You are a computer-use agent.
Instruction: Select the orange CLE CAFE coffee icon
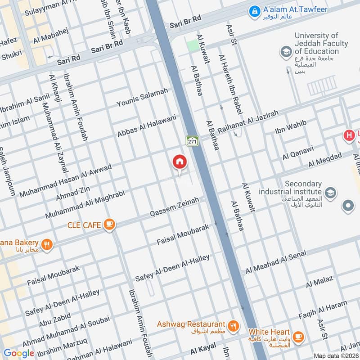coord(108,224)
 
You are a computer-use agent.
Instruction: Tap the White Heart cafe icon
coord(297,336)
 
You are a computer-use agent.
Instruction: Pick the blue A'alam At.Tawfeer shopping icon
coord(254,9)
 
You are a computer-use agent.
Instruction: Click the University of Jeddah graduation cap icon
coord(285,52)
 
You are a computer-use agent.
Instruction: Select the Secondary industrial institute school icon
coord(330,193)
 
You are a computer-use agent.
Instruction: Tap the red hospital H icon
coord(349,135)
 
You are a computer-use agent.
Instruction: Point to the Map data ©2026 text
coord(336,355)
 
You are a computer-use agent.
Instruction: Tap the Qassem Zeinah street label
coord(174,207)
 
